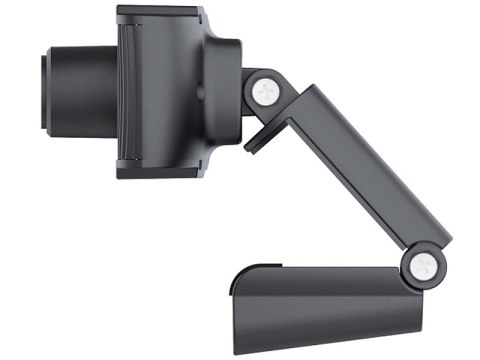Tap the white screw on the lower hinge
419,265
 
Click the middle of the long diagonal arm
355,170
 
